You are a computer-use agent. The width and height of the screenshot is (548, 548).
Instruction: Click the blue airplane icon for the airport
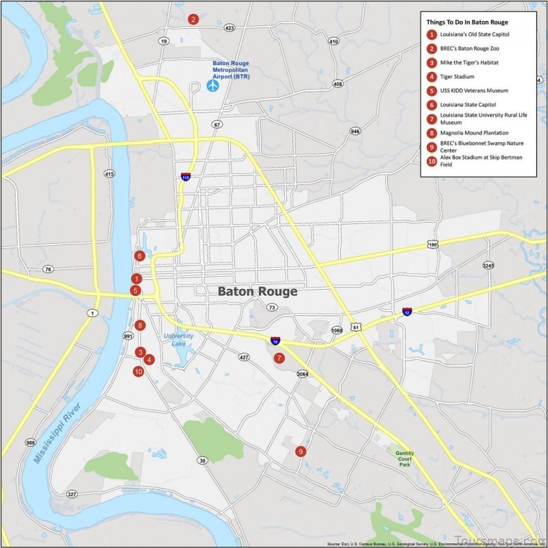pyautogui.click(x=212, y=86)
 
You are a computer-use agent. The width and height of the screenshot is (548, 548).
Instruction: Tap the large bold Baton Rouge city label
pyautogui.click(x=258, y=291)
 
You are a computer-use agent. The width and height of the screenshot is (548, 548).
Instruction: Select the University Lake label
pyautogui.click(x=178, y=340)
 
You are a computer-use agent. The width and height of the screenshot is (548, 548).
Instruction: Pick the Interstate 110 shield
pyautogui.click(x=186, y=177)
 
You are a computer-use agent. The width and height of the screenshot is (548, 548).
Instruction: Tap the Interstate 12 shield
pyautogui.click(x=408, y=312)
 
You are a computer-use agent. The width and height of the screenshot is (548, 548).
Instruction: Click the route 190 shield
pyautogui.click(x=432, y=245)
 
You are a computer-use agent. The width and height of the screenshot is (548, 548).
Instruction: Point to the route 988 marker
pyautogui.click(x=30, y=443)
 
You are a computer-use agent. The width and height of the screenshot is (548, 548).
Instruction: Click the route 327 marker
pyautogui.click(x=72, y=494)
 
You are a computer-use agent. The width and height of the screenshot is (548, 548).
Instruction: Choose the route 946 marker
pyautogui.click(x=355, y=131)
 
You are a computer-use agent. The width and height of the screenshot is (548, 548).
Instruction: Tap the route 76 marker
pyautogui.click(x=47, y=269)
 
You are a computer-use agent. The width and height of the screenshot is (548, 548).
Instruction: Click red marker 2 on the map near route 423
pyautogui.click(x=194, y=19)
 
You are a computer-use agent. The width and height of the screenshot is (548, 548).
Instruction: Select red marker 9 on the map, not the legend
pyautogui.click(x=300, y=451)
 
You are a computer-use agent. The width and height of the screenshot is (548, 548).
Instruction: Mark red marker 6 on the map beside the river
pyautogui.click(x=140, y=256)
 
